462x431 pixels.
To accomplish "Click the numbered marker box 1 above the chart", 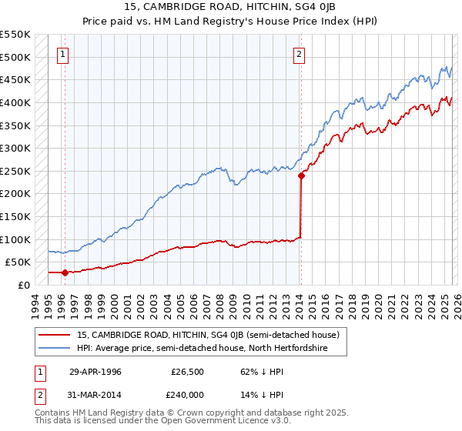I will [63, 54].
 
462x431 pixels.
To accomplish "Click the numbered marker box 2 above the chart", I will [299, 54].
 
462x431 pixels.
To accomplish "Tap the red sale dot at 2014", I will [300, 175].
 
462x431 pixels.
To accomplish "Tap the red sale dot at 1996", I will [65, 272].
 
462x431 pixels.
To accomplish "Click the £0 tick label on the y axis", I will [24, 285].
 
